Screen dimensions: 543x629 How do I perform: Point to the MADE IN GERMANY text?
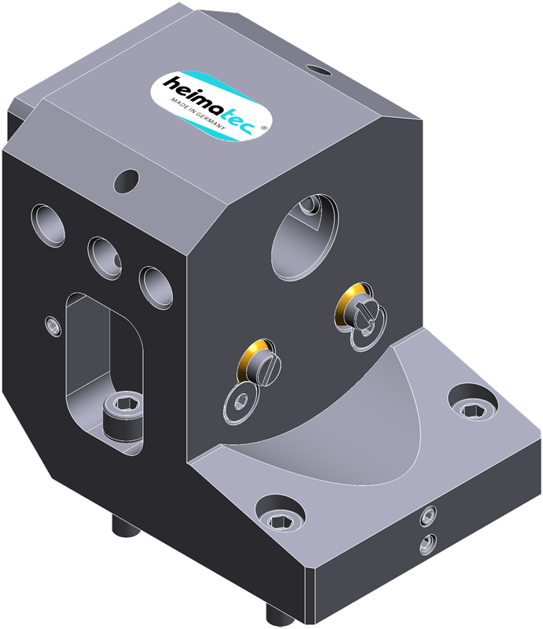click(x=198, y=113)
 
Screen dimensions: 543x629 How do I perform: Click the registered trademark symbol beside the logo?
click(x=263, y=127)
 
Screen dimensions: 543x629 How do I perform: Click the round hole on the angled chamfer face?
click(x=127, y=181)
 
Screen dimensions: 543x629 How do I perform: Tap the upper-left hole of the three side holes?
click(x=48, y=225)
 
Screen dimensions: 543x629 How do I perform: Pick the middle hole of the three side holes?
click(x=105, y=258)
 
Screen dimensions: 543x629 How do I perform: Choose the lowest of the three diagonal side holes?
click(x=156, y=287)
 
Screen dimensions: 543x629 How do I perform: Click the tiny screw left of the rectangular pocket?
click(x=53, y=326)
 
